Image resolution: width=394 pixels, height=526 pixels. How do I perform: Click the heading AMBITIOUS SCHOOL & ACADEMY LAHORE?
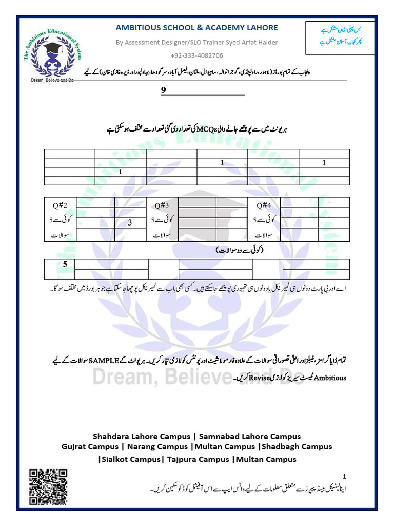pos(196,28)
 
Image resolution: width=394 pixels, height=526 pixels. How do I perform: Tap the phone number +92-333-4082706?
pos(196,55)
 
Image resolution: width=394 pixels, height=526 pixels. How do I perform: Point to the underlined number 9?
pos(164,90)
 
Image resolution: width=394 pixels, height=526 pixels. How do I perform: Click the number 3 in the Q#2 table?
pos(130,223)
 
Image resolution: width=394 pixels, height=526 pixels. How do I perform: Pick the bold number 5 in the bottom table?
pos(65,265)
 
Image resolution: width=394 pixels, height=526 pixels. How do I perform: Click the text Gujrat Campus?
pos(90,446)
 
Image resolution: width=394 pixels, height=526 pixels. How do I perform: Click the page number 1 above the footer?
pos(345,476)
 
